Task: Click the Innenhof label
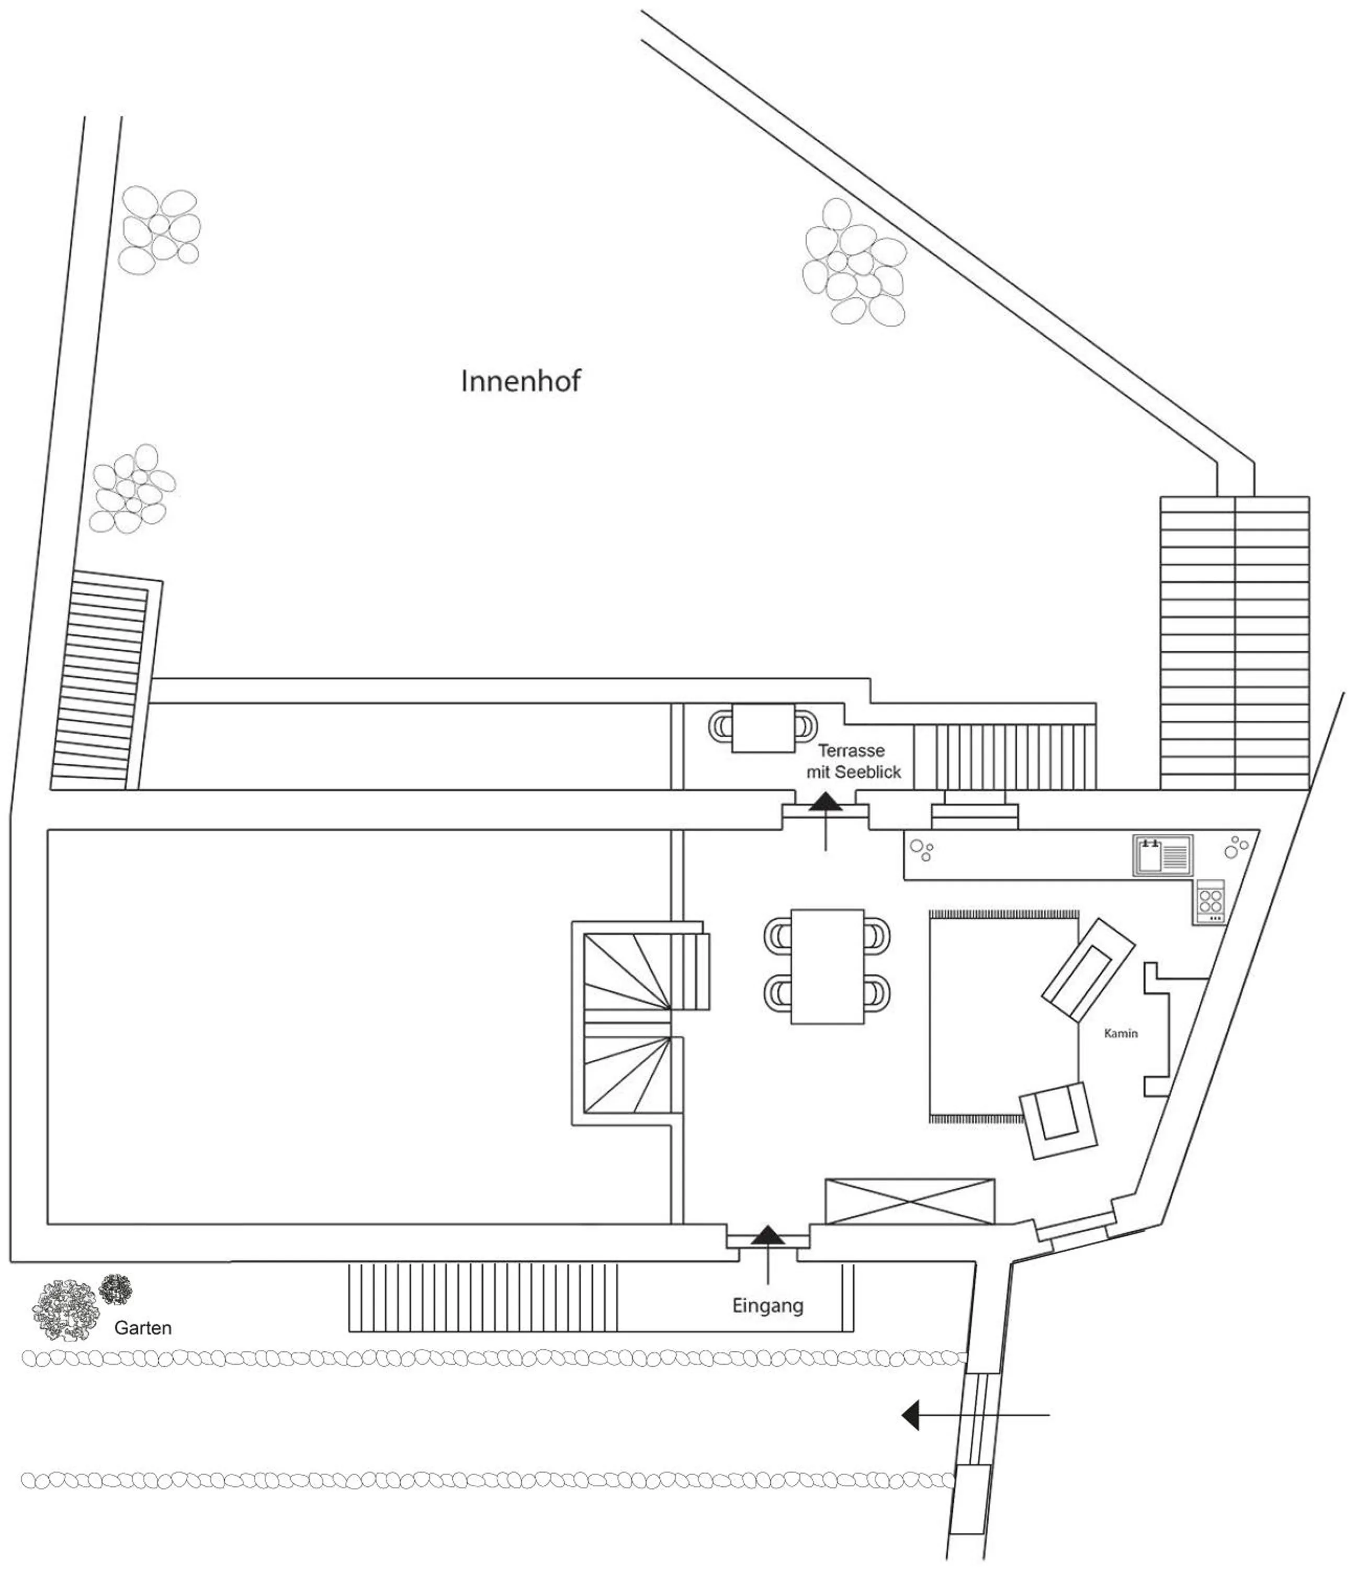pyautogui.click(x=521, y=381)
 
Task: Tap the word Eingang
pyautogui.click(x=767, y=1306)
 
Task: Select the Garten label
pyautogui.click(x=142, y=1328)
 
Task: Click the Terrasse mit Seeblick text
pyautogui.click(x=853, y=761)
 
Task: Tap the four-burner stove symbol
pyautogui.click(x=1210, y=902)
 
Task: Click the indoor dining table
pyautogui.click(x=827, y=967)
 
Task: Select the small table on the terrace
pyautogui.click(x=763, y=728)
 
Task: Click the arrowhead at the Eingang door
pyautogui.click(x=768, y=1235)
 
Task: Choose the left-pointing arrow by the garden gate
pyautogui.click(x=911, y=1415)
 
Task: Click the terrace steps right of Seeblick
pyautogui.click(x=1004, y=756)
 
